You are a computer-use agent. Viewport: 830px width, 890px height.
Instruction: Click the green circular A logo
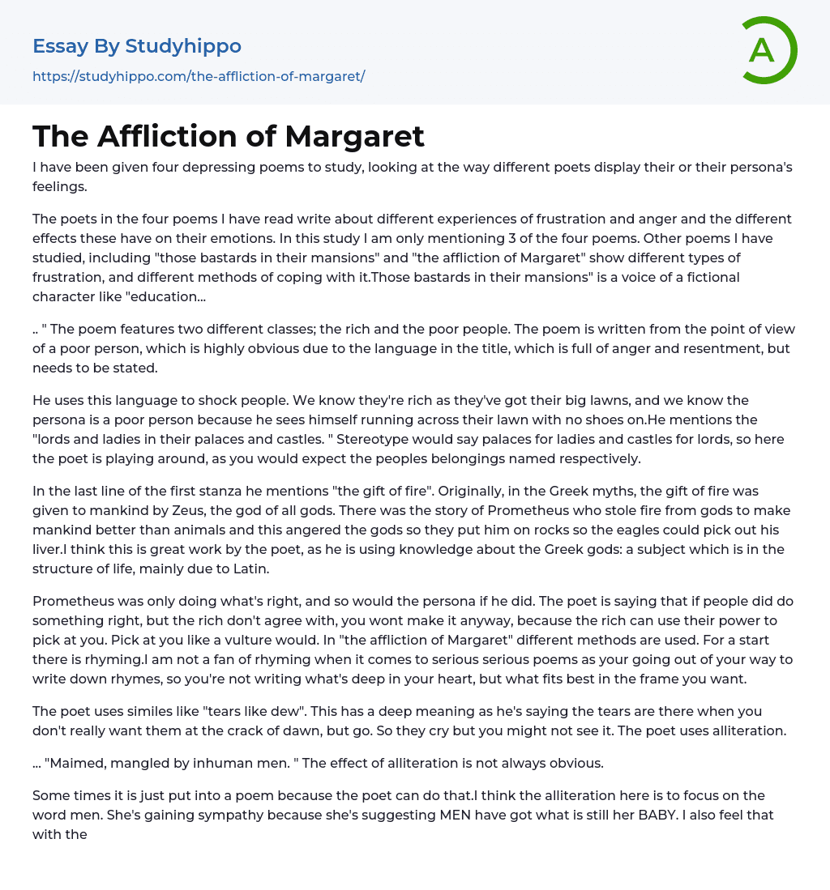tap(766, 50)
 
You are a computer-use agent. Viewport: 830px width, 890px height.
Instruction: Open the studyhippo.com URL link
tap(199, 76)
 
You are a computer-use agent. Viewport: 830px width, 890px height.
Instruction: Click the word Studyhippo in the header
tap(183, 46)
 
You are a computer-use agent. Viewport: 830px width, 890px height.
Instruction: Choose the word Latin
tap(246, 568)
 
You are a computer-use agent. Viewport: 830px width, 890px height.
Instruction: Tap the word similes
tap(135, 711)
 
